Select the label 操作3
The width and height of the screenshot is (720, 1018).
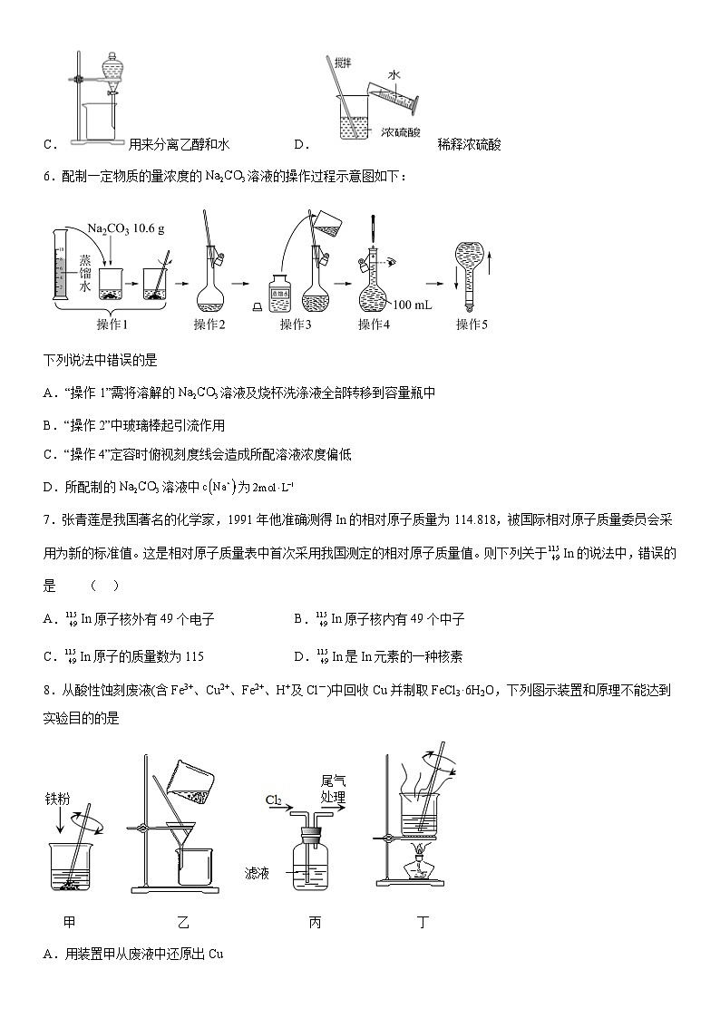[x=296, y=325]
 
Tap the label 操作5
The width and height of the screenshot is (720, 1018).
[x=472, y=325]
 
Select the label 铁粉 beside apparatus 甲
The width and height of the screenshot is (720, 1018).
[x=58, y=800]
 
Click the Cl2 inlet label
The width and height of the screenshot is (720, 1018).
[x=274, y=800]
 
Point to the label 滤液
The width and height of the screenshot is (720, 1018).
[x=258, y=872]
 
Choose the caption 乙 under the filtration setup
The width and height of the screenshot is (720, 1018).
[x=183, y=924]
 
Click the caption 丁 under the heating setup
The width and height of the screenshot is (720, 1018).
[x=423, y=924]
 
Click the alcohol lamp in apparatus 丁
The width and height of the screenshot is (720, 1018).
[x=420, y=866]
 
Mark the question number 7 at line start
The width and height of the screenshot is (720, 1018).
[x=47, y=519]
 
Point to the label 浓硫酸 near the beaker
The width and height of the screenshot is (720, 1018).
[x=401, y=132]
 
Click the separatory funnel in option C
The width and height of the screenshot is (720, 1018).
[x=112, y=69]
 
